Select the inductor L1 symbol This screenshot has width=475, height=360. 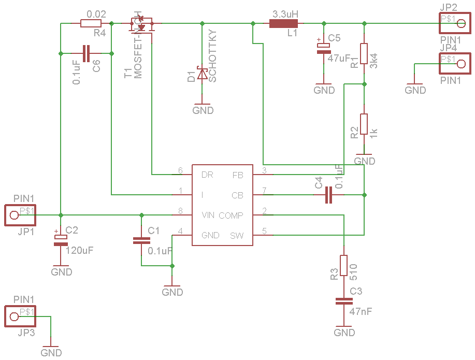283,23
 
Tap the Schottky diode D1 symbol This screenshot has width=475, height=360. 202,75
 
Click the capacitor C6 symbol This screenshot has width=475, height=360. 86,53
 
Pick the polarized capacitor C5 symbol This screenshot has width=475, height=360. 324,47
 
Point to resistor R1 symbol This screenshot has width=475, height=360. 364,53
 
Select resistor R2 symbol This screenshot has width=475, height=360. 364,124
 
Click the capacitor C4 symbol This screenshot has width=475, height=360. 328,195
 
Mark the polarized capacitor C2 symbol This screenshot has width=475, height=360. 61,238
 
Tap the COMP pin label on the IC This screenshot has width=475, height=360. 231,215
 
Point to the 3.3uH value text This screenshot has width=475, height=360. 285,13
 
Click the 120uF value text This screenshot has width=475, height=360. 80,250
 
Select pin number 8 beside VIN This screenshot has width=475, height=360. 180,211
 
